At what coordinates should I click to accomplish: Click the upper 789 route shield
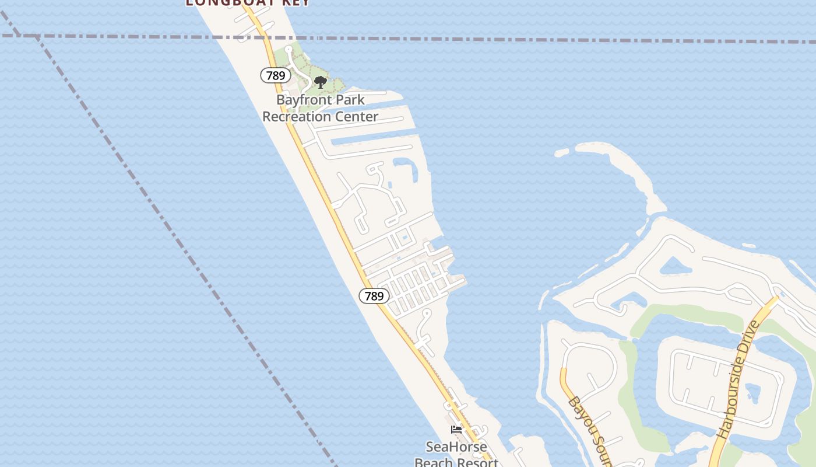[276, 75]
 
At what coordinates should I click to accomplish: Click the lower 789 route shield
[374, 296]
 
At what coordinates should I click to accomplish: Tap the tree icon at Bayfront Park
[320, 82]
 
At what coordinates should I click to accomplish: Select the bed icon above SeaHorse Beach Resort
[456, 430]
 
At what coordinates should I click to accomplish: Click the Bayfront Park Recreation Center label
[320, 108]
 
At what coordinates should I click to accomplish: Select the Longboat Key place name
[248, 2]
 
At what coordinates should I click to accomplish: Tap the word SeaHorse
[456, 447]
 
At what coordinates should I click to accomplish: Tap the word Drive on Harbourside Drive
[749, 341]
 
